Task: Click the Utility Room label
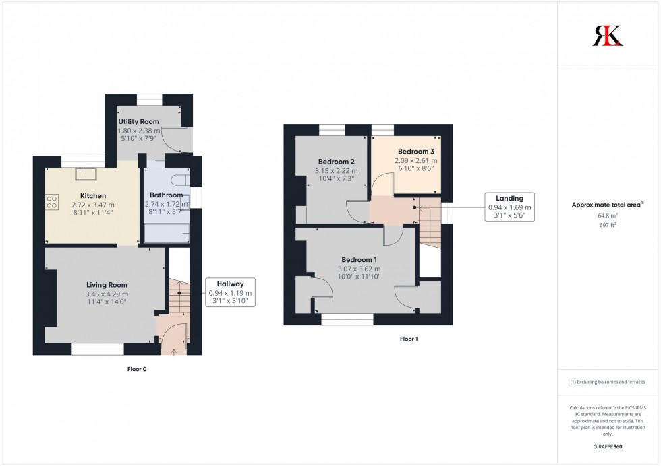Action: pos(138,121)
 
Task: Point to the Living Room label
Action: pos(107,285)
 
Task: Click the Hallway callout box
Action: pos(230,292)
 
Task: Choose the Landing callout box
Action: pos(509,207)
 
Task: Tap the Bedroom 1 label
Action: pos(359,260)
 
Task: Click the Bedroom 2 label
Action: pos(336,162)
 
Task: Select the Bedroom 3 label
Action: pos(415,151)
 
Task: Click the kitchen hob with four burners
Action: pos(53,201)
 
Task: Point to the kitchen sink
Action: pos(86,174)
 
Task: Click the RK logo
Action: pos(608,35)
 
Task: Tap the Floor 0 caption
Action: pos(137,369)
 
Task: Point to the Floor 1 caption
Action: pos(408,339)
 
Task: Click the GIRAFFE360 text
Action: pos(608,446)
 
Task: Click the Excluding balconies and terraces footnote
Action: pos(608,382)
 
